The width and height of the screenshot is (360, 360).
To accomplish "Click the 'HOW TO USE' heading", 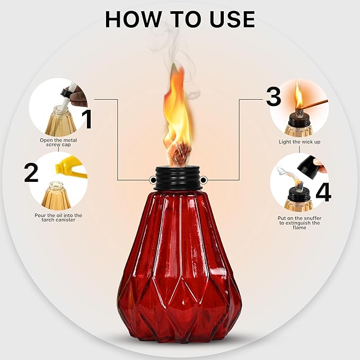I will [x=180, y=19].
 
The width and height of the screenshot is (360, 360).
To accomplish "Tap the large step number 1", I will [x=87, y=119].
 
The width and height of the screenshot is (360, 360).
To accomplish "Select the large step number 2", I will [x=32, y=173].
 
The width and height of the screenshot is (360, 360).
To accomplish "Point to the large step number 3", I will [x=273, y=96].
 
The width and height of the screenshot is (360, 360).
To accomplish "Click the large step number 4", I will [x=323, y=192].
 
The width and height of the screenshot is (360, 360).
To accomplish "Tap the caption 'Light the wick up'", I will [x=299, y=142].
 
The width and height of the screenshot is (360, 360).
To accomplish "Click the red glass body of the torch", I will [x=179, y=265].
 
